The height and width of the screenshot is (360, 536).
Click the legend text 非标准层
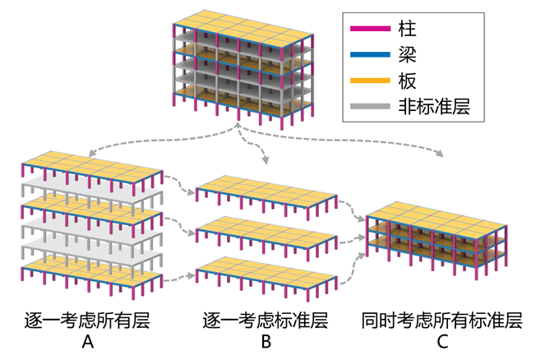tap(434, 105)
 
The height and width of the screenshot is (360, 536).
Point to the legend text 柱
tap(407, 30)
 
